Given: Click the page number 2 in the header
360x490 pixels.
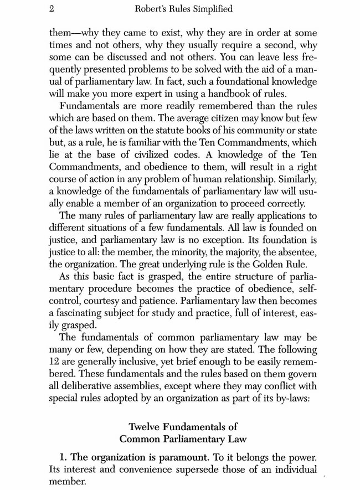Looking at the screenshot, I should pos(52,9).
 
